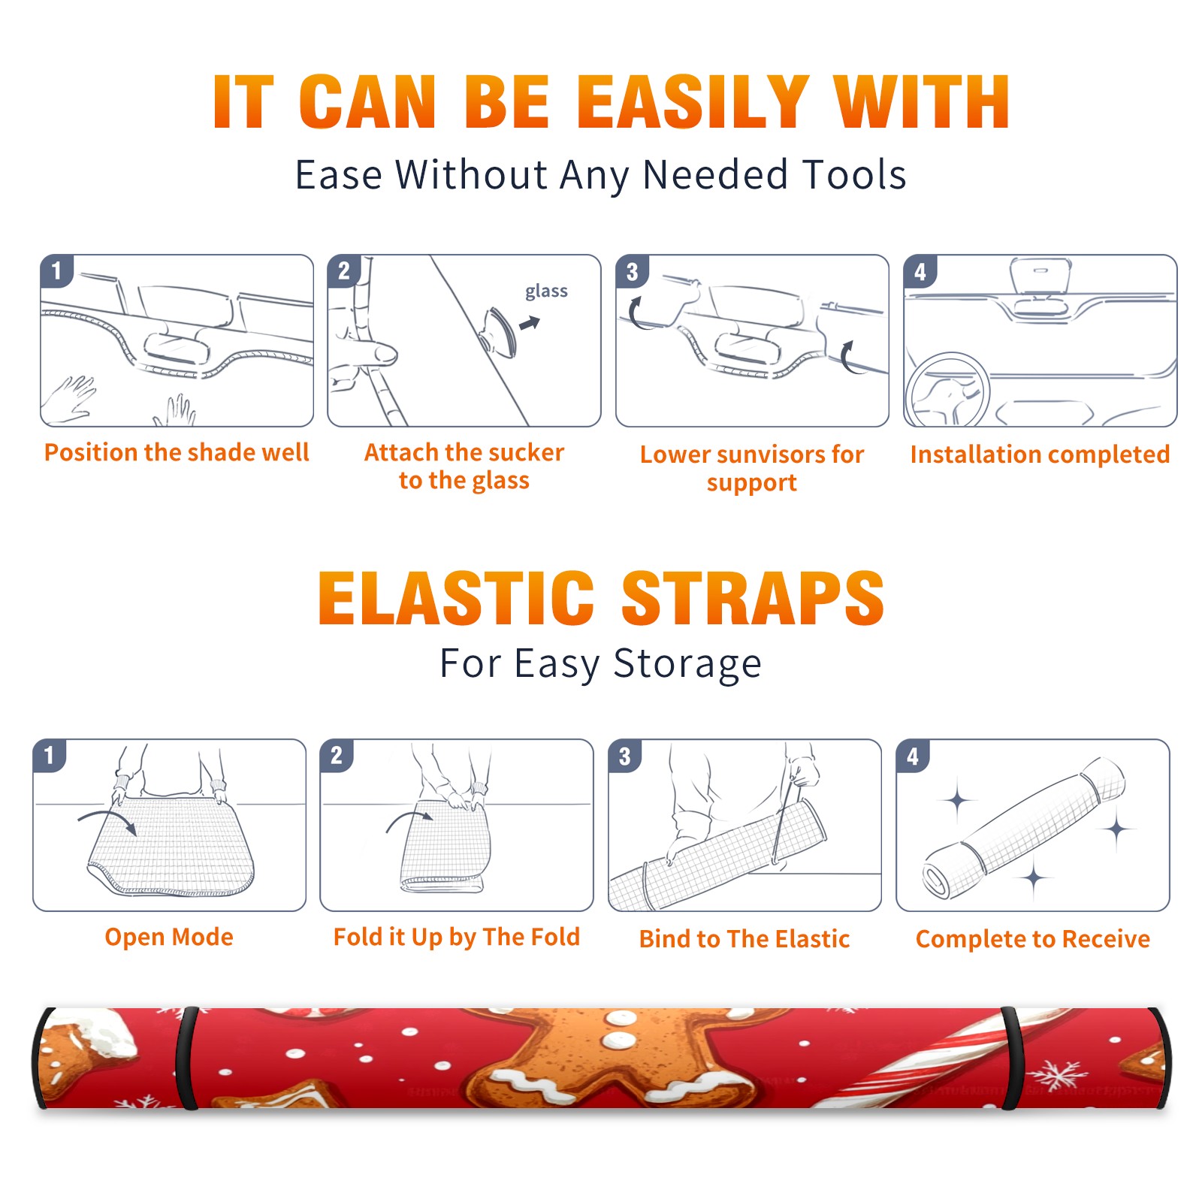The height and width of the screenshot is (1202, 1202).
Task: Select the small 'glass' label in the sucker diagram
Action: click(x=546, y=291)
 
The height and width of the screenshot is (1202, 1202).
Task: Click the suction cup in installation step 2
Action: click(x=499, y=331)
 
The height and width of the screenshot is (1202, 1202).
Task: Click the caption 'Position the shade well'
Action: click(x=177, y=452)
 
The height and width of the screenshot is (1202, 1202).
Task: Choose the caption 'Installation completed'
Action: click(x=1040, y=455)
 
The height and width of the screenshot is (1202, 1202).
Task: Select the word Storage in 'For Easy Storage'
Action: click(x=687, y=664)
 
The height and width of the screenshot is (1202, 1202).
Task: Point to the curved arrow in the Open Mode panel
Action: click(x=107, y=820)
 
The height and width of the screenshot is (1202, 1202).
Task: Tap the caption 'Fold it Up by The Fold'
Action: click(x=457, y=937)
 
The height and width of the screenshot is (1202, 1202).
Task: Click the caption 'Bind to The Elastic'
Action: click(x=744, y=939)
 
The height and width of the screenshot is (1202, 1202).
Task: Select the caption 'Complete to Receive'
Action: click(x=1033, y=939)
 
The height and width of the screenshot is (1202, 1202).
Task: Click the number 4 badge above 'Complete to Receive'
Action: click(x=913, y=756)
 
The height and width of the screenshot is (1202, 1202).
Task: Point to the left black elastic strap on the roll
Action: click(x=186, y=1058)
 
